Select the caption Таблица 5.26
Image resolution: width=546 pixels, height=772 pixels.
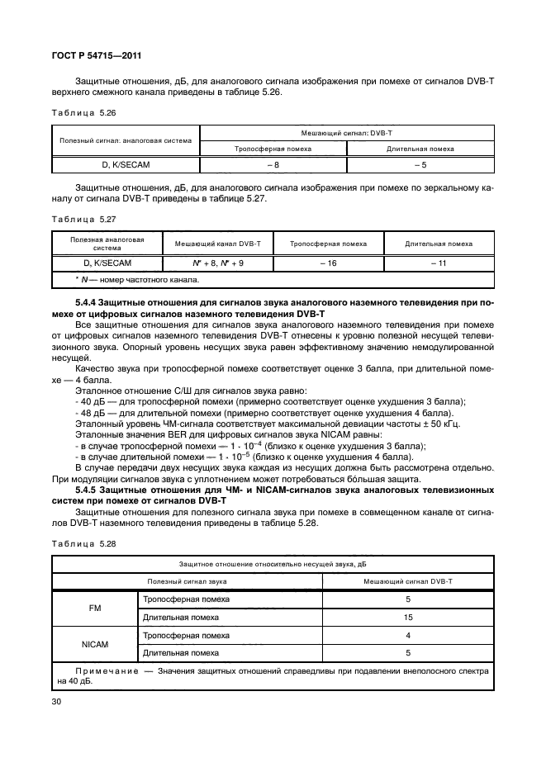tap(78, 112)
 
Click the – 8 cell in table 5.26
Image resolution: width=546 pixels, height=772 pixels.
tap(273, 164)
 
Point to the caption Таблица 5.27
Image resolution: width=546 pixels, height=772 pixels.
tap(78, 220)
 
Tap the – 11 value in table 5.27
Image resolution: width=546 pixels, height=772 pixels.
tap(438, 263)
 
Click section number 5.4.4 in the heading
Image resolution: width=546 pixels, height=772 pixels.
tap(88, 305)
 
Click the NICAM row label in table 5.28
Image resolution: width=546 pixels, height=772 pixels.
tap(94, 644)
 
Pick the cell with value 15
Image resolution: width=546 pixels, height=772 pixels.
tap(408, 616)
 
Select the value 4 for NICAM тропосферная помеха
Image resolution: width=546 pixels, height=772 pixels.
tap(408, 635)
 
